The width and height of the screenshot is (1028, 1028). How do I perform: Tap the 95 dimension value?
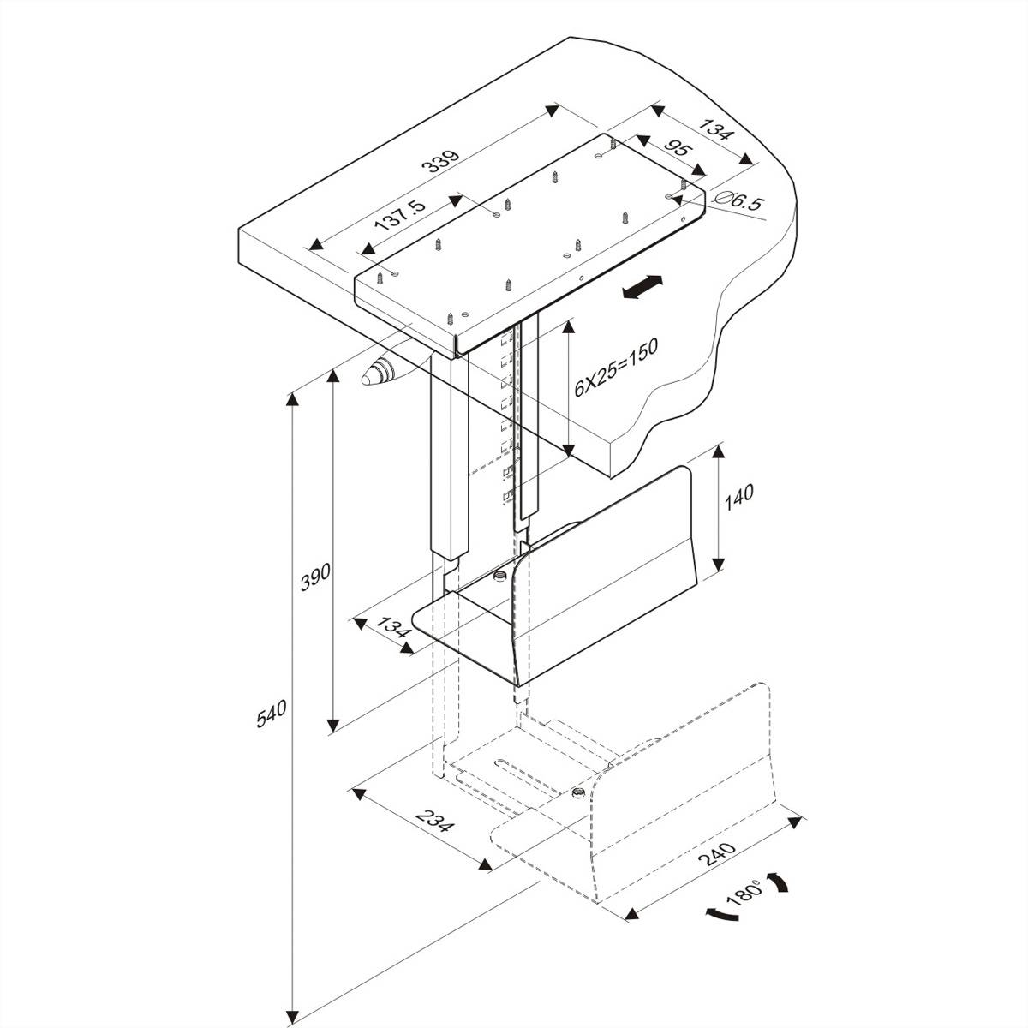point(678,150)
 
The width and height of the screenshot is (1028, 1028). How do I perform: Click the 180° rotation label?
point(744,895)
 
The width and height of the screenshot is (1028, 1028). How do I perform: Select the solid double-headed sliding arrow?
point(642,288)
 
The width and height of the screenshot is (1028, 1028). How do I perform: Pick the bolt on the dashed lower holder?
point(578,792)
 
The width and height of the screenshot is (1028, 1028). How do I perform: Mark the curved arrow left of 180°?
point(721,916)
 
